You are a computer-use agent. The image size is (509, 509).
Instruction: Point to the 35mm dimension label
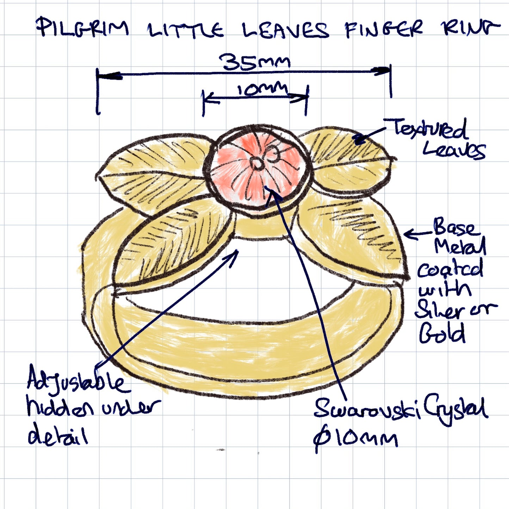pyautogui.click(x=254, y=62)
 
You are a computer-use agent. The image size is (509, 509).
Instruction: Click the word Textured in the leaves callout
pyautogui.click(x=430, y=129)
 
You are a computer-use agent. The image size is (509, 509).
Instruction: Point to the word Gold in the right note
pyautogui.click(x=442, y=333)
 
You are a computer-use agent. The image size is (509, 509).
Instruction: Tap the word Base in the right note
pyautogui.click(x=455, y=227)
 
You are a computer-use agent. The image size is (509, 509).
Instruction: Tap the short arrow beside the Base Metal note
pyautogui.click(x=417, y=234)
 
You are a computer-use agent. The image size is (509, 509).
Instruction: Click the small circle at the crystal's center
pyautogui.click(x=257, y=163)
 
